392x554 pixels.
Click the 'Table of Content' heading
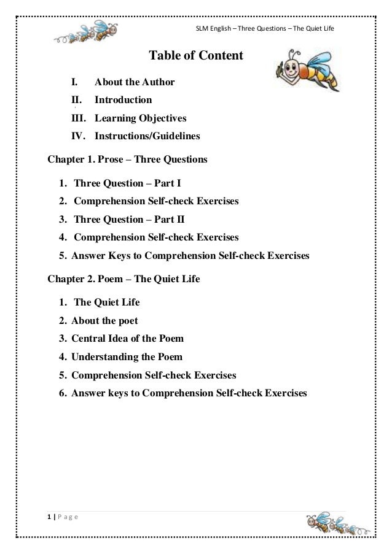point(196,56)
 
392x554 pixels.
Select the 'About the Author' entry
point(135,82)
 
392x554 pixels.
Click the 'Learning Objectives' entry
point(140,118)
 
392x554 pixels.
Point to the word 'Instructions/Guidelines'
point(147,136)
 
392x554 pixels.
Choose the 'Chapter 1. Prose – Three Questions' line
point(128,160)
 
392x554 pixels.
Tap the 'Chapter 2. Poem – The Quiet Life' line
point(123,279)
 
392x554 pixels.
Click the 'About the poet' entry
point(104,320)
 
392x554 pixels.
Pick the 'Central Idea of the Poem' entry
point(127,338)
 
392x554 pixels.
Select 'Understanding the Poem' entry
point(127,356)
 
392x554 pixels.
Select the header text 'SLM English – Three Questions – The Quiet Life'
point(264,29)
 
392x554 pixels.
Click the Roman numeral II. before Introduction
point(77,99)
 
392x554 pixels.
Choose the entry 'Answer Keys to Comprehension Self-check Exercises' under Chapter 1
point(190,255)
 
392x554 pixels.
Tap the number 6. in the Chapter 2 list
point(63,393)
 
